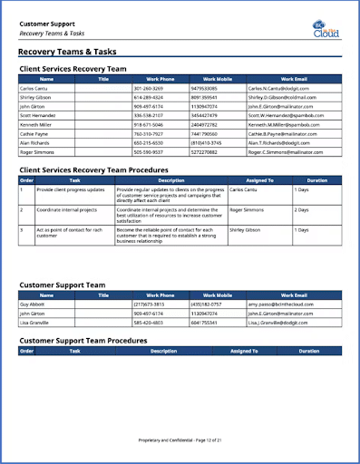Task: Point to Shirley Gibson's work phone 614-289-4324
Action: (x=148, y=97)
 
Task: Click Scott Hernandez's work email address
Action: (x=286, y=115)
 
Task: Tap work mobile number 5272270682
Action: (x=204, y=151)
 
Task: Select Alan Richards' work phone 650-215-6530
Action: (x=148, y=142)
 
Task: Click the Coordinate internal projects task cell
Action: (x=68, y=208)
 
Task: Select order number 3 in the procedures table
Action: (x=22, y=230)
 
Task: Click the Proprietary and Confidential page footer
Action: (x=180, y=439)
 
